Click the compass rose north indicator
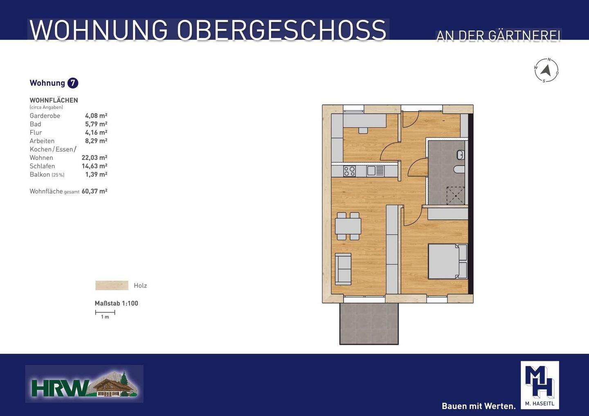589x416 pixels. click(546, 71)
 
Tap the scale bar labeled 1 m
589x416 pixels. click(105, 313)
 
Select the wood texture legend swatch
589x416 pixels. click(112, 285)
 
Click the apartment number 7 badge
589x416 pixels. click(72, 83)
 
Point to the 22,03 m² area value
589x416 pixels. click(94, 158)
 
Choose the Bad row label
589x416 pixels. click(35, 124)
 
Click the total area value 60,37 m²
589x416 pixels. click(94, 191)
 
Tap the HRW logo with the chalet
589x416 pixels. click(84, 384)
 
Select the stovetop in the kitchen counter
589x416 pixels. click(350, 171)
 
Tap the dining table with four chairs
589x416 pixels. click(348, 226)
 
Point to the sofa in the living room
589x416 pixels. click(343, 269)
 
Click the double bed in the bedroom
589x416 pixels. click(447, 262)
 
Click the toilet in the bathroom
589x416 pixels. click(459, 169)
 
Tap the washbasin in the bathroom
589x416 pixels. click(460, 155)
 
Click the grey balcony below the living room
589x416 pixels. click(369, 324)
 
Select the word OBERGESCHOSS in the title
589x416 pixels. click(281, 30)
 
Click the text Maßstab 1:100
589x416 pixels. click(117, 303)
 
